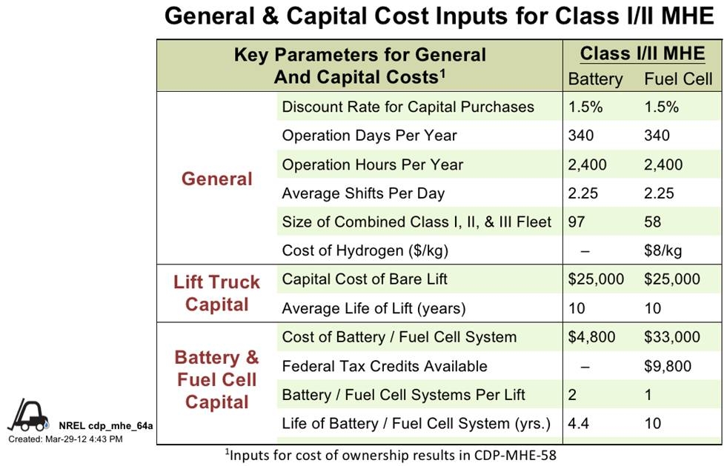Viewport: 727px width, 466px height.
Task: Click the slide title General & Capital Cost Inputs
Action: pyautogui.click(x=439, y=16)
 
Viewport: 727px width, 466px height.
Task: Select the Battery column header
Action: pyautogui.click(x=595, y=79)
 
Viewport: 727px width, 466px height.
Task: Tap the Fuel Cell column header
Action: pyautogui.click(x=677, y=79)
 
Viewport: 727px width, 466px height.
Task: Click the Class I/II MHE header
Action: pyautogui.click(x=642, y=54)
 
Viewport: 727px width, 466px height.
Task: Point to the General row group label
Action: pyautogui.click(x=216, y=179)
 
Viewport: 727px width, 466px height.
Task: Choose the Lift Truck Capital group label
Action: pyautogui.click(x=216, y=293)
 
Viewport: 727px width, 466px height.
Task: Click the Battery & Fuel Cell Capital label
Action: pyautogui.click(x=216, y=379)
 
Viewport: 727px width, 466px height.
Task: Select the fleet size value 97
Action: pyautogui.click(x=578, y=222)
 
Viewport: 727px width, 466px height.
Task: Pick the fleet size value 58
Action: pyautogui.click(x=654, y=222)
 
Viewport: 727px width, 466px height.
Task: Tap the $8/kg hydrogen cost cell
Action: pyautogui.click(x=663, y=250)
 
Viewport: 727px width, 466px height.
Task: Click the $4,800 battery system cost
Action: pyautogui.click(x=591, y=337)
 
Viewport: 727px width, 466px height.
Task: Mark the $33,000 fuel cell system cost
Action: pyautogui.click(x=671, y=337)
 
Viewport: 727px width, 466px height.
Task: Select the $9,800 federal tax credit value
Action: pyautogui.click(x=668, y=366)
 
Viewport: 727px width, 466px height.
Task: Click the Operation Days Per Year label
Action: pyautogui.click(x=369, y=136)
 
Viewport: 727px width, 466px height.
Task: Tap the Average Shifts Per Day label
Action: pyautogui.click(x=363, y=193)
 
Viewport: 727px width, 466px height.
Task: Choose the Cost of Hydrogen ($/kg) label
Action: pyautogui.click(x=365, y=250)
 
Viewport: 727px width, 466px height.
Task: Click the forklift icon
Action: pyautogui.click(x=28, y=417)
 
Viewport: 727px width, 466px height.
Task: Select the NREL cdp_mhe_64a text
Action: pyautogui.click(x=105, y=426)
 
